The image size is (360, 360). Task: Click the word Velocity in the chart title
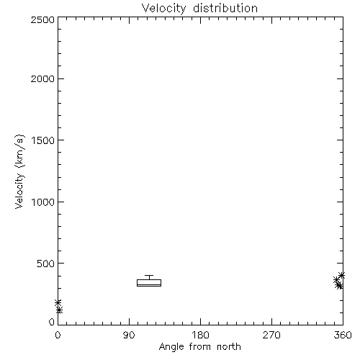point(163,9)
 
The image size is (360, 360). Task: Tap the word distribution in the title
point(225,8)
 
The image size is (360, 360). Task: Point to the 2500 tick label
point(42,19)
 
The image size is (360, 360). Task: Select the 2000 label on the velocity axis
point(42,78)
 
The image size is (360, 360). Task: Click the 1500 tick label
point(43,140)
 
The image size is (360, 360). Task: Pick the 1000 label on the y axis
point(43,202)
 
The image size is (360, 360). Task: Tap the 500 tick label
point(46,264)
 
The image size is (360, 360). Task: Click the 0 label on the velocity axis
point(52,322)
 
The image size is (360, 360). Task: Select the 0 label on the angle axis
point(58,335)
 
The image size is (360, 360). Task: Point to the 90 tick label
point(129,335)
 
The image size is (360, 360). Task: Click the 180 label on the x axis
point(200,335)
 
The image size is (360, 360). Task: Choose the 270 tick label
point(271,335)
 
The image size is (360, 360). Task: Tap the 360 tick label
point(343,335)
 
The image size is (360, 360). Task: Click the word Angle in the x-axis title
point(171,347)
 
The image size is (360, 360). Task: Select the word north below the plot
point(229,347)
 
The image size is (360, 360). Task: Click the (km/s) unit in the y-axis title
point(19,151)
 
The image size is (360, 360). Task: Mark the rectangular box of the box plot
point(149,279)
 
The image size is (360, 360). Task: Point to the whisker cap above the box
point(149,275)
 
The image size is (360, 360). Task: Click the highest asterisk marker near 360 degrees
point(341,275)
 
